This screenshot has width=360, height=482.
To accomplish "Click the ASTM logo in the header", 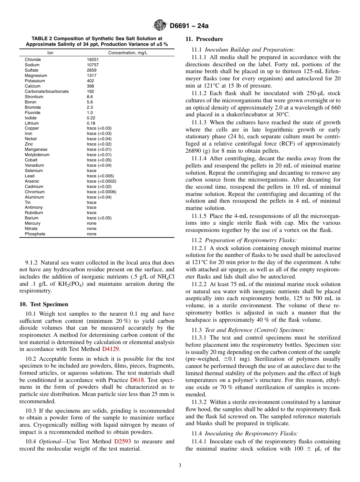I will tap(160, 26).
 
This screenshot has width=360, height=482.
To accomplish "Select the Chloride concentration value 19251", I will tap(92, 59).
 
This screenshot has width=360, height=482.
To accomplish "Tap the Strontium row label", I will tap(34, 97).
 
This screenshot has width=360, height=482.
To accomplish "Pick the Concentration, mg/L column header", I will tap(128, 53).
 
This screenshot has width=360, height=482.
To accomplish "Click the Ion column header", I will tap(50, 53).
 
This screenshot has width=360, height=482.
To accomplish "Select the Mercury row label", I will tap(33, 223).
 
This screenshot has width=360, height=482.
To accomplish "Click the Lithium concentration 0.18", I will tap(91, 123).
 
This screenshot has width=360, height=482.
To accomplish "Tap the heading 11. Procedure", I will tap(204, 39).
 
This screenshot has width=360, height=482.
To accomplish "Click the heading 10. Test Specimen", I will tap(44, 304).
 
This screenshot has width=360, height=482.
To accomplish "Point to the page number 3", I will tap(180, 466).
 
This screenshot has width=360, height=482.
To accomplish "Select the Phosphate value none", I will tap(91, 234).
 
